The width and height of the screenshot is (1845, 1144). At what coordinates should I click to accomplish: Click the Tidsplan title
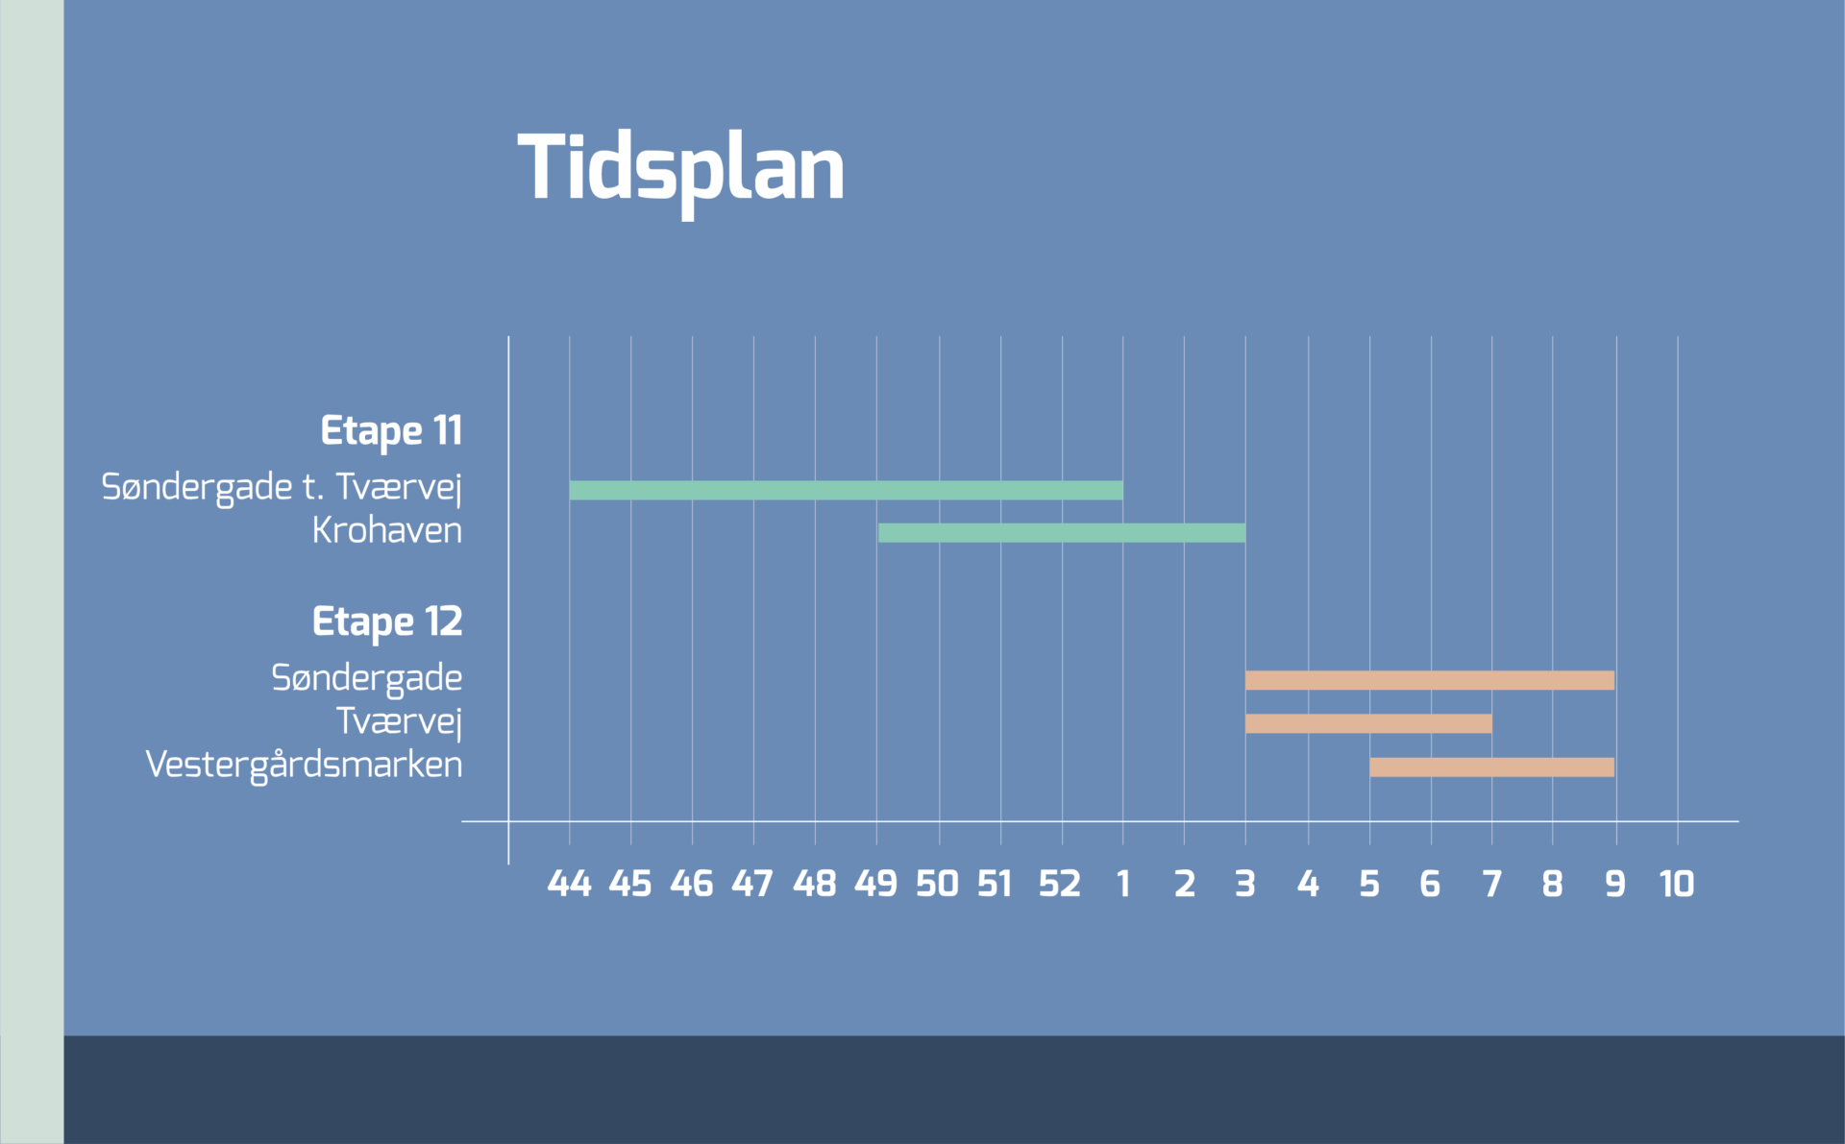(680, 169)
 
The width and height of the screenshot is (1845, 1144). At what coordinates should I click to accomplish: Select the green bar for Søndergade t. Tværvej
(846, 490)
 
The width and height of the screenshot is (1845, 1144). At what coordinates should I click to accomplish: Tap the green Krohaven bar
(1061, 533)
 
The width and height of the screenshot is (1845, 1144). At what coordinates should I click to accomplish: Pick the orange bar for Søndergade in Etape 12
(1429, 680)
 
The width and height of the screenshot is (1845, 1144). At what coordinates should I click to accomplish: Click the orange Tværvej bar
(1368, 723)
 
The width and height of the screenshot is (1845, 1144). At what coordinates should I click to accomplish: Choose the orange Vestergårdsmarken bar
(1491, 767)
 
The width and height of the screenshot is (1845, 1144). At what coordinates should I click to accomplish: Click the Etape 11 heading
(391, 431)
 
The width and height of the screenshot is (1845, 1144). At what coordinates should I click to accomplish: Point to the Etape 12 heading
(387, 622)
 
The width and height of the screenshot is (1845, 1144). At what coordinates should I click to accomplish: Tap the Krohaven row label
(386, 530)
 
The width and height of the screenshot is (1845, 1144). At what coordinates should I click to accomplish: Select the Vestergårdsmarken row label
(304, 765)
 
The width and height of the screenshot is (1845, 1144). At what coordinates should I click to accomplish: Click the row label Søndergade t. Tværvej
(282, 487)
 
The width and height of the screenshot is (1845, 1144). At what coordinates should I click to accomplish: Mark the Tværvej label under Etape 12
(399, 721)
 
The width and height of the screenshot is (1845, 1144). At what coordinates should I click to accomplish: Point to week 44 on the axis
(569, 884)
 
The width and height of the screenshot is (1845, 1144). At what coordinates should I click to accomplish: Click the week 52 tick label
(1059, 884)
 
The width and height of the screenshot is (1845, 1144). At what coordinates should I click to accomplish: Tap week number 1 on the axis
(1122, 884)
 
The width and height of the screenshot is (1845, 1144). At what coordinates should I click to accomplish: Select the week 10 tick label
(1677, 884)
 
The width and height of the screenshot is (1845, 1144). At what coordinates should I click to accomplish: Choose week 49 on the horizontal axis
(875, 884)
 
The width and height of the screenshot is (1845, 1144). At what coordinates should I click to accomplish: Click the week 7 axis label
(1491, 884)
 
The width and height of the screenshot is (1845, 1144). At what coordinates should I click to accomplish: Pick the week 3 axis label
(1245, 884)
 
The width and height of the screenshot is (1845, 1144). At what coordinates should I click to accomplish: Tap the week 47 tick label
(752, 884)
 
